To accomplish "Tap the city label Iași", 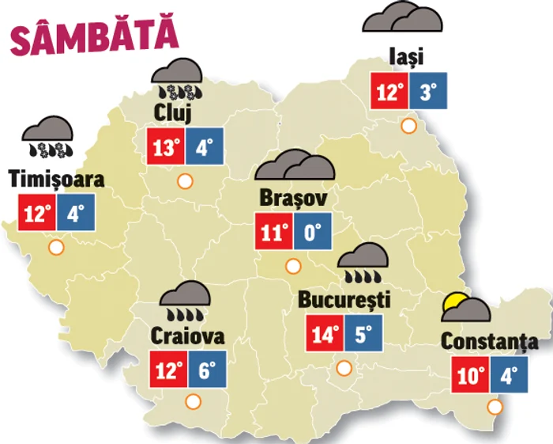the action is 408,57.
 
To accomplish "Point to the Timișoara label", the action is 57,180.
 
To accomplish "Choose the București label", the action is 344,301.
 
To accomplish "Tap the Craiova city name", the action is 187,336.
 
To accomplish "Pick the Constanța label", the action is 490,342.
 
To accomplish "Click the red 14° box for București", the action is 325,333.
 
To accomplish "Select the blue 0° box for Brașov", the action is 313,232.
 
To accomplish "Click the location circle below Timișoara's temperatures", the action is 56,249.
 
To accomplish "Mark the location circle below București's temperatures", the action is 344,368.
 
